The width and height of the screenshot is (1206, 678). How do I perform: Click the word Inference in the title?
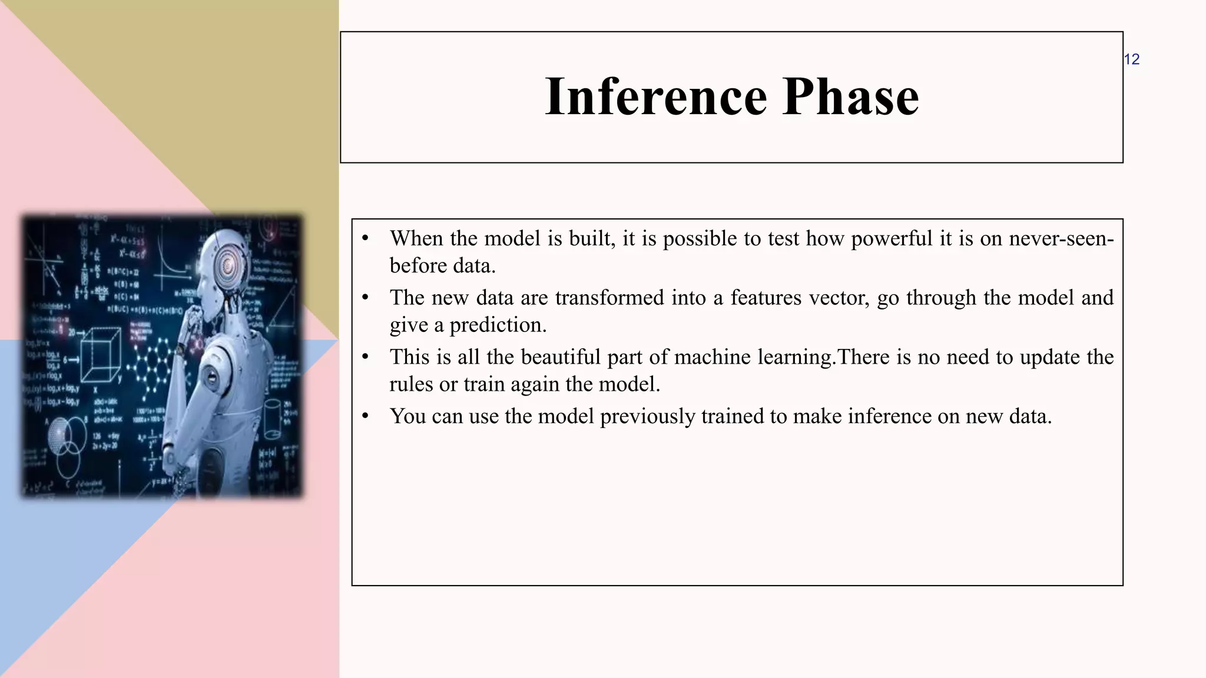656,97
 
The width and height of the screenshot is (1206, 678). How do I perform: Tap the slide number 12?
1131,59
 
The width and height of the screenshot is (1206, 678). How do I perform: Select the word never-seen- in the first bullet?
1061,238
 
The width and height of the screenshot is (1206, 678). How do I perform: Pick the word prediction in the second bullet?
498,325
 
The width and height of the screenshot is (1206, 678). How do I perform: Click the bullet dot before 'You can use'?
365,416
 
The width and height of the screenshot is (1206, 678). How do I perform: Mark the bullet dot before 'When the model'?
365,238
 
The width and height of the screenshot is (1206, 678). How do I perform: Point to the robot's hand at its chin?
192,321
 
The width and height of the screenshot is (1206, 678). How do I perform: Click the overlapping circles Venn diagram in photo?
65,441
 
